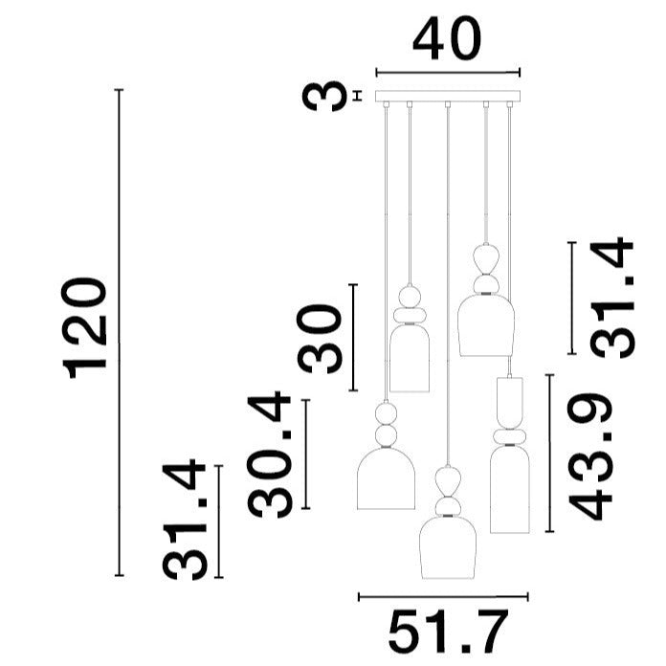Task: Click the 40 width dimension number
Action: click(x=447, y=38)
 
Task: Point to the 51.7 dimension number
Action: click(x=448, y=637)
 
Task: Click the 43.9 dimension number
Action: click(x=589, y=456)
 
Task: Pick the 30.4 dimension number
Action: click(x=269, y=455)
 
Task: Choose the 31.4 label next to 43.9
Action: click(x=611, y=298)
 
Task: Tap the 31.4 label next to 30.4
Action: click(x=185, y=520)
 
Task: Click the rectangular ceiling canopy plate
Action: click(x=448, y=96)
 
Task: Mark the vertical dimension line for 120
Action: click(x=120, y=333)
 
